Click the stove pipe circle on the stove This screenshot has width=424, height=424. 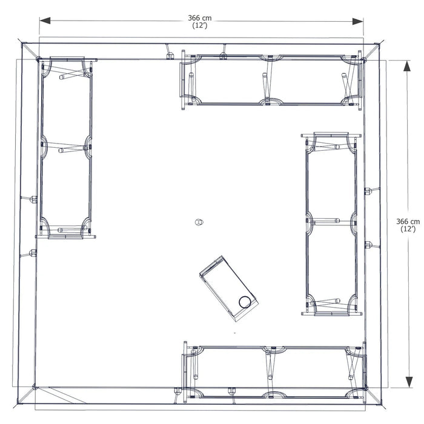(x=245, y=302)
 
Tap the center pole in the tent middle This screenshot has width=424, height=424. (x=199, y=222)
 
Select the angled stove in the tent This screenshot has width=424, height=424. (x=228, y=288)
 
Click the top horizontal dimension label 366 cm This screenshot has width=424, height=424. (x=200, y=18)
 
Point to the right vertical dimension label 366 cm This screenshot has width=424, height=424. (x=408, y=222)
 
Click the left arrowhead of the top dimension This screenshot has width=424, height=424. (x=45, y=21)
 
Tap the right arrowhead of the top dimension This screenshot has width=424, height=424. (x=358, y=21)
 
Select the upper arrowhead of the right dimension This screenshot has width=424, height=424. (x=407, y=65)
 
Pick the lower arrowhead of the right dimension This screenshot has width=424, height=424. (x=409, y=382)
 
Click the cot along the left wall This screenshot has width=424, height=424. (x=66, y=148)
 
